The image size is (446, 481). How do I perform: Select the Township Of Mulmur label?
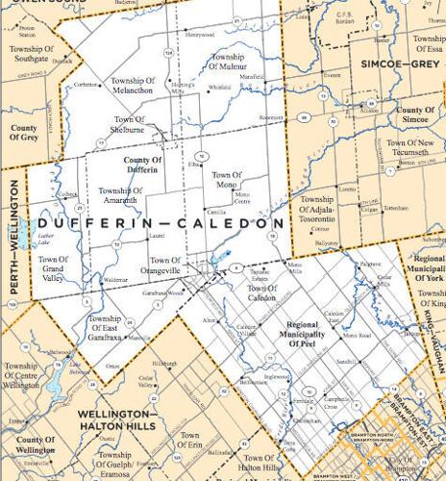point(227,63)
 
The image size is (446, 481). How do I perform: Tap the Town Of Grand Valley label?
point(53,265)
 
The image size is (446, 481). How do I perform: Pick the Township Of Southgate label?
point(32,53)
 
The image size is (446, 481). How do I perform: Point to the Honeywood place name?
point(200,34)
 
